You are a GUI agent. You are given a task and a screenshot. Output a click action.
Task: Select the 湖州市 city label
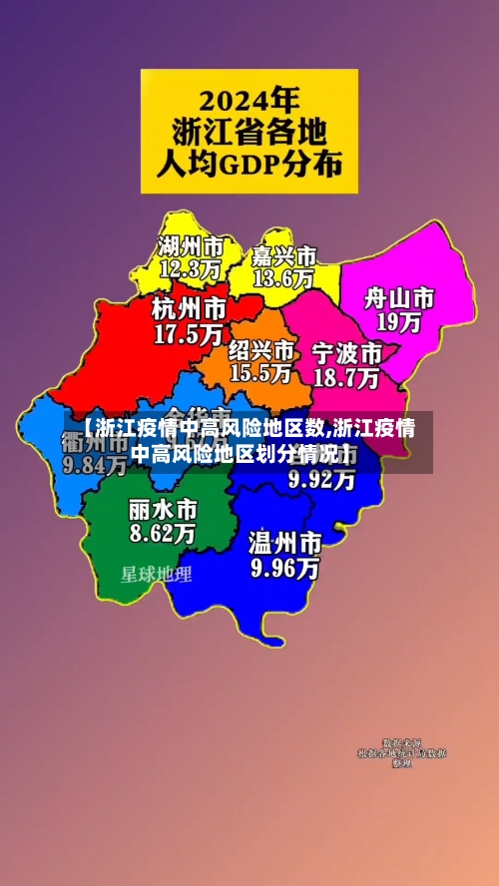(x=190, y=244)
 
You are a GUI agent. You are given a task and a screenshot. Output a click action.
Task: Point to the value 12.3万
(x=190, y=268)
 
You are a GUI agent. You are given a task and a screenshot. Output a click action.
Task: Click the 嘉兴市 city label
(x=283, y=255)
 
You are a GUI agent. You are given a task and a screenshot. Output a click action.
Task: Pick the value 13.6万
(x=283, y=279)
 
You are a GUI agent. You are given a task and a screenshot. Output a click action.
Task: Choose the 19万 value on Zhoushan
(x=398, y=322)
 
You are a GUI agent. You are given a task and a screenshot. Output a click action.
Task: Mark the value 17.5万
(x=188, y=334)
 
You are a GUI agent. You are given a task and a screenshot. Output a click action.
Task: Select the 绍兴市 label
(x=260, y=349)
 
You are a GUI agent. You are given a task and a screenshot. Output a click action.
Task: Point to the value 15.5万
(x=260, y=373)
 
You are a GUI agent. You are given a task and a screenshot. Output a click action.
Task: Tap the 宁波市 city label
(x=346, y=353)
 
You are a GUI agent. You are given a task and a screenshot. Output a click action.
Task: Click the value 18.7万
(x=346, y=378)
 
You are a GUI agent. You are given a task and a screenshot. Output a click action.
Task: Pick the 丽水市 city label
(x=162, y=509)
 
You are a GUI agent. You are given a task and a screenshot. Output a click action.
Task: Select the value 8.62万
(x=162, y=534)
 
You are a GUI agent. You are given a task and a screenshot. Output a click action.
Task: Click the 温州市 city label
(x=285, y=544)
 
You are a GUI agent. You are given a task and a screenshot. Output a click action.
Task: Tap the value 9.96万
(x=285, y=569)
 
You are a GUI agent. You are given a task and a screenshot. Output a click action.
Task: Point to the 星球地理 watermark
(x=157, y=575)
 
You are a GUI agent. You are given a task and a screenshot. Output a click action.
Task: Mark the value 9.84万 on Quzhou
(x=95, y=465)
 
